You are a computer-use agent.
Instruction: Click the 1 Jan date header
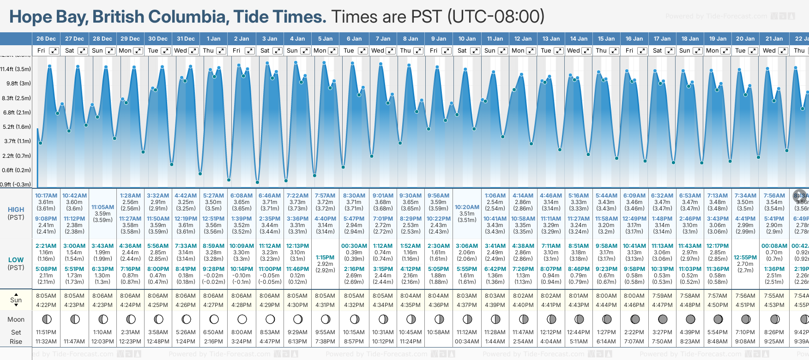(x=213, y=39)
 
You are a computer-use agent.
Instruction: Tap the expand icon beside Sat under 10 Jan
(x=475, y=51)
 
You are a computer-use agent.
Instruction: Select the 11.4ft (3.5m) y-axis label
(x=16, y=69)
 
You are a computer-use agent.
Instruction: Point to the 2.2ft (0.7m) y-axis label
(x=16, y=156)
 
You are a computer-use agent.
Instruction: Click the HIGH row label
(x=16, y=210)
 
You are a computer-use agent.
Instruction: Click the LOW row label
(x=16, y=260)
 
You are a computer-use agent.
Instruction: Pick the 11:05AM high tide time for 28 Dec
(x=103, y=207)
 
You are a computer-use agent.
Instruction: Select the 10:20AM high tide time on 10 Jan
(x=467, y=207)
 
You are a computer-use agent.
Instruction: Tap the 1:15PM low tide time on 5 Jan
(x=325, y=258)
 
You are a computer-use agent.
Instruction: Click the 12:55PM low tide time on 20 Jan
(x=745, y=258)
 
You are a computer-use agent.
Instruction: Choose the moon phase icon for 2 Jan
(x=242, y=319)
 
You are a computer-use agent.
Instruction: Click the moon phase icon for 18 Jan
(x=690, y=319)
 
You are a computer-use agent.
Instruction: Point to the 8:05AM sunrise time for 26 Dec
(x=46, y=296)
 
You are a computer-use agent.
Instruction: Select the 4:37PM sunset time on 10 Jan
(x=467, y=305)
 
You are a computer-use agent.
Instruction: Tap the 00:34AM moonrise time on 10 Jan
(x=467, y=342)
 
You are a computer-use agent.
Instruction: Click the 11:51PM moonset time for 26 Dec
(x=46, y=332)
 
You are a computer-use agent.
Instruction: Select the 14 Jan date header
(x=579, y=39)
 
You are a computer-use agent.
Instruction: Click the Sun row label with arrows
(x=16, y=300)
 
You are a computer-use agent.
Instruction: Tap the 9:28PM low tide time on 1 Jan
(x=213, y=269)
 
